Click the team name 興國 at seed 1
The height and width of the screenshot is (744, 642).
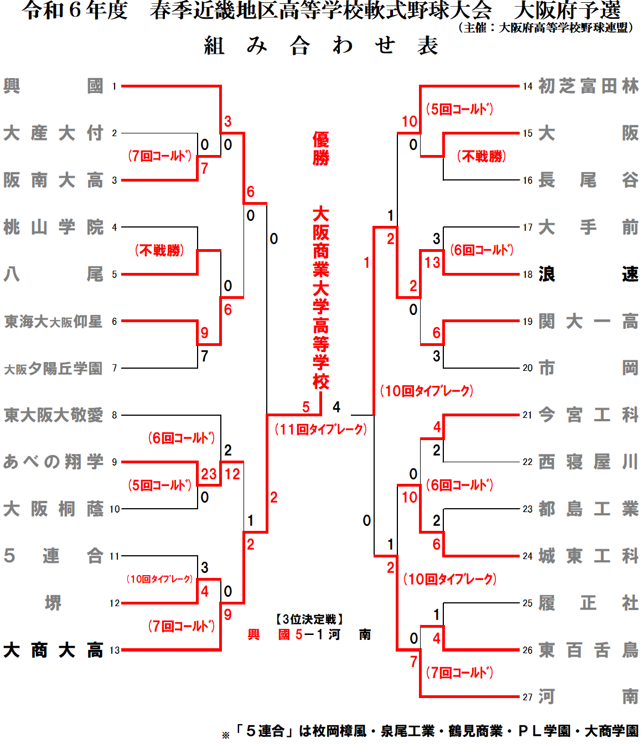coord(53,86)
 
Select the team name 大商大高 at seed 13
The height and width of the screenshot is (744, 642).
coord(53,650)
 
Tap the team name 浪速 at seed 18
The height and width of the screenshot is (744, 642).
coord(588,274)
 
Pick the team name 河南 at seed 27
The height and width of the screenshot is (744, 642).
coord(588,697)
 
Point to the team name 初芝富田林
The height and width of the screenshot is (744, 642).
coord(588,86)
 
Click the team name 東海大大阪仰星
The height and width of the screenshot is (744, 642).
coord(53,322)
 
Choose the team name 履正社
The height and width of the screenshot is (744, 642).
coord(588,603)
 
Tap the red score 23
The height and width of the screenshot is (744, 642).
coord(209,474)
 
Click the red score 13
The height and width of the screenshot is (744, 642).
coord(432,262)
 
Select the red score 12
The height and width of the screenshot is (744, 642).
coord(232,474)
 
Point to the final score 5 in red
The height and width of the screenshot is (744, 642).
coord(306,407)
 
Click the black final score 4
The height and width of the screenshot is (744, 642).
coord(336,407)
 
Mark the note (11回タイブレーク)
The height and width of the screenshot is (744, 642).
coord(321,429)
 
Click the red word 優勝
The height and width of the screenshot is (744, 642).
coord(321,148)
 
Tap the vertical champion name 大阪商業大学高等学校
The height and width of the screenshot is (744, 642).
coord(321,298)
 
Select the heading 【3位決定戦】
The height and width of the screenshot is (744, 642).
coord(310,619)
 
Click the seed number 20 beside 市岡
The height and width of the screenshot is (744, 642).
coord(527,368)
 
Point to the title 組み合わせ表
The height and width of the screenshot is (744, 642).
coord(321,45)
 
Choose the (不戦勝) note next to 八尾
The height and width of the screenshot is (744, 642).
coord(159,251)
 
